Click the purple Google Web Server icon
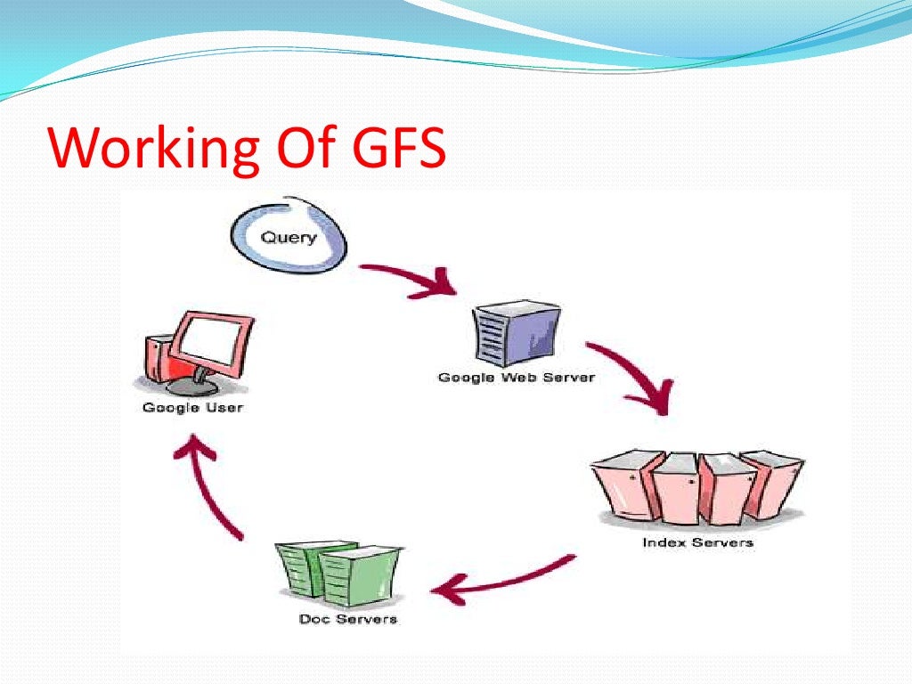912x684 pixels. (516, 334)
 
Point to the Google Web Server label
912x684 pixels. (516, 378)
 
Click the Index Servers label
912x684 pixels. (697, 542)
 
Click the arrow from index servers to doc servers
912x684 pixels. (503, 579)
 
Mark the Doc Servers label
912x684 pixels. (348, 619)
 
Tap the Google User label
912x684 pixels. (192, 409)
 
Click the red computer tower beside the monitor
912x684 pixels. (156, 360)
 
